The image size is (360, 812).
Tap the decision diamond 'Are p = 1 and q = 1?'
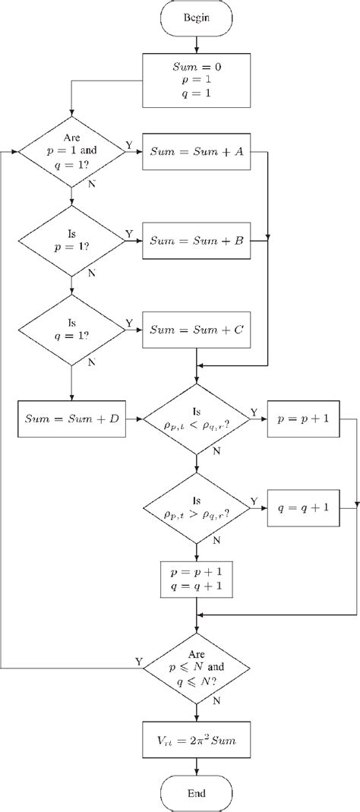point(72,150)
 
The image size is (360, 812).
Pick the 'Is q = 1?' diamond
point(72,330)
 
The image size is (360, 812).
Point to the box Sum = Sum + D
point(71,419)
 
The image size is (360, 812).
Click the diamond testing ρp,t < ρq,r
point(197,419)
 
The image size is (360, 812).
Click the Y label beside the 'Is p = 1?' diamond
point(128,233)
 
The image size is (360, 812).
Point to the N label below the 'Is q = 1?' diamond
point(92,362)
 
